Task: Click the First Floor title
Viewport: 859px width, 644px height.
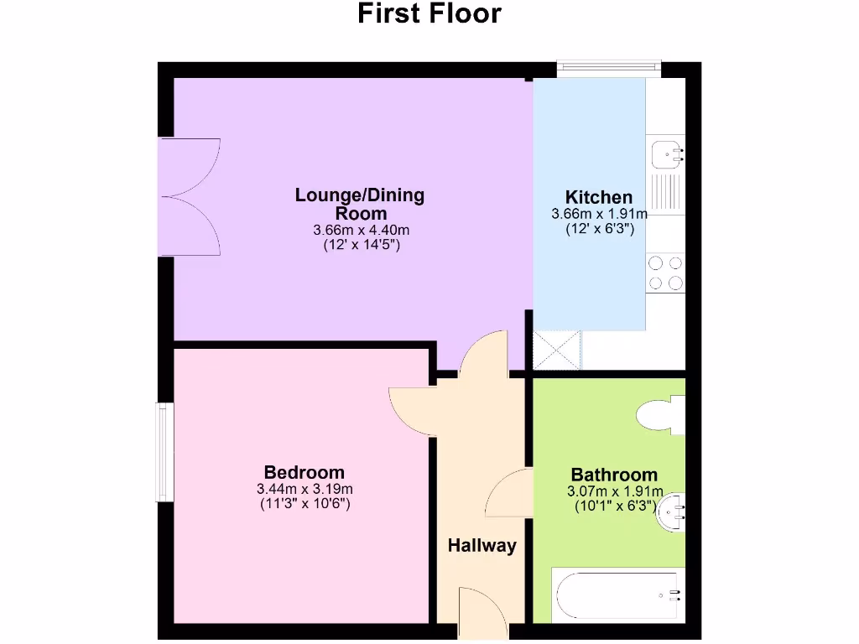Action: [429, 14]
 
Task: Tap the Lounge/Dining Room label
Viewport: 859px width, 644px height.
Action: [360, 204]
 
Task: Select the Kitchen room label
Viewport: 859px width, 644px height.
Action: [598, 198]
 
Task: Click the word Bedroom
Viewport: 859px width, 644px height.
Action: [304, 472]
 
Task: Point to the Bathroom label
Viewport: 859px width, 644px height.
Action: [614, 475]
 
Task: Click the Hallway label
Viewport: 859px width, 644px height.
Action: [482, 546]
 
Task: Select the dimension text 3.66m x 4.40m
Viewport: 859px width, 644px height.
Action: [361, 231]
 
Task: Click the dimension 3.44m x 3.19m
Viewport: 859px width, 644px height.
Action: [304, 489]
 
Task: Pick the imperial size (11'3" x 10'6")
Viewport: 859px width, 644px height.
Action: [304, 505]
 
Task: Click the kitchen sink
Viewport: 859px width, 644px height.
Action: [668, 154]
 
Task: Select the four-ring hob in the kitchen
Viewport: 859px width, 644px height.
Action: [665, 273]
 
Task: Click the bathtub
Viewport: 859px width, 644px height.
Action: [617, 595]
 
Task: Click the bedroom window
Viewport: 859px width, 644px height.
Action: [164, 452]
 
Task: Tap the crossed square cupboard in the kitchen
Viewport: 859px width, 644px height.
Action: [557, 350]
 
